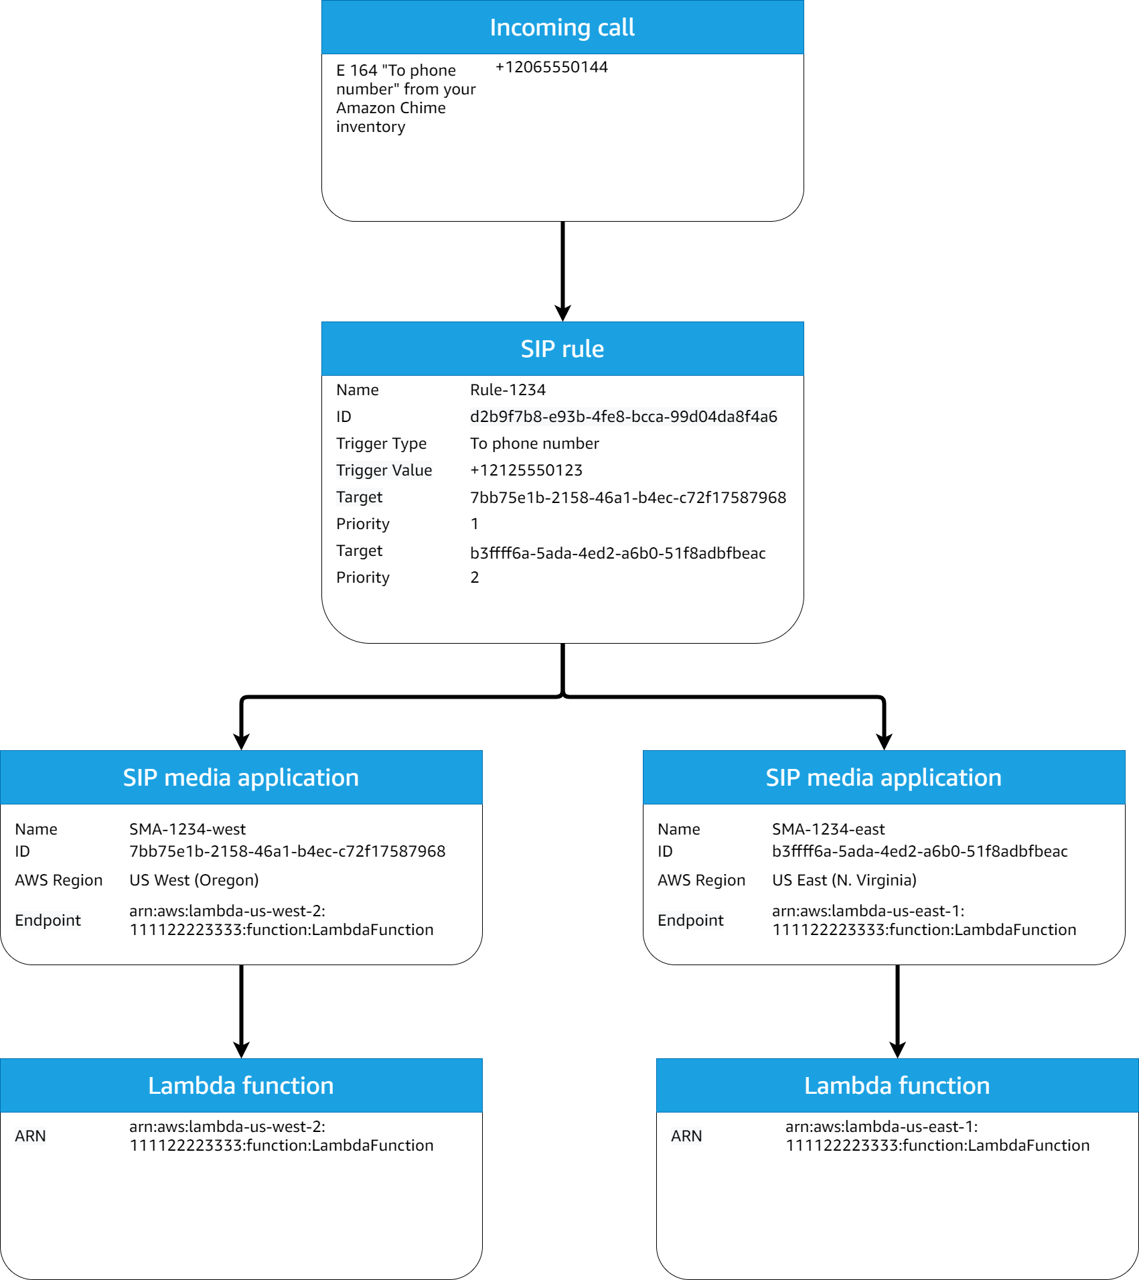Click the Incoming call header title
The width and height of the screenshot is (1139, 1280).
point(562,27)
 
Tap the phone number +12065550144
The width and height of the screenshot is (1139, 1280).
point(551,67)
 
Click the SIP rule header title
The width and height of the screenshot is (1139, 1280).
point(562,349)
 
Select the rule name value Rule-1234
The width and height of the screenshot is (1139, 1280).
point(508,390)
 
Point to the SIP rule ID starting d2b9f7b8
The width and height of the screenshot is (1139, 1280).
point(623,417)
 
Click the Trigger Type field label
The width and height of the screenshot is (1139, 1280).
point(381,443)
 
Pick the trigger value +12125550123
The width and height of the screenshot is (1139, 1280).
point(526,470)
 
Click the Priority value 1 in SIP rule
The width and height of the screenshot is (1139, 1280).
point(474,524)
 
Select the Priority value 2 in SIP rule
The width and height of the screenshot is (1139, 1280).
point(474,577)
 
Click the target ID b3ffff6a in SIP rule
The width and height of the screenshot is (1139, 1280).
point(617,553)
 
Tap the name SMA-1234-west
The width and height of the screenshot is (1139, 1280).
point(187,829)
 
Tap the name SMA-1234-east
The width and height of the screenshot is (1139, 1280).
point(828,829)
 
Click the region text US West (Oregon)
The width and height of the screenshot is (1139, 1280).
point(194,880)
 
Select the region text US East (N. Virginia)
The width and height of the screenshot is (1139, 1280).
point(844,880)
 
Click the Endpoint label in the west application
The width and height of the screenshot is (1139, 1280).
point(48,920)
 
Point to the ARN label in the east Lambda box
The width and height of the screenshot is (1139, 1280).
point(686,1136)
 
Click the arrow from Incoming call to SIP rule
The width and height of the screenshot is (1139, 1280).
point(562,268)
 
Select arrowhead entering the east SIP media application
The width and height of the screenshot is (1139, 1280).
point(884,741)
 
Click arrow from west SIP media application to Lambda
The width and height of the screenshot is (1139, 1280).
point(241,1008)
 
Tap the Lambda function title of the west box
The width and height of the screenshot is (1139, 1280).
point(240,1086)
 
